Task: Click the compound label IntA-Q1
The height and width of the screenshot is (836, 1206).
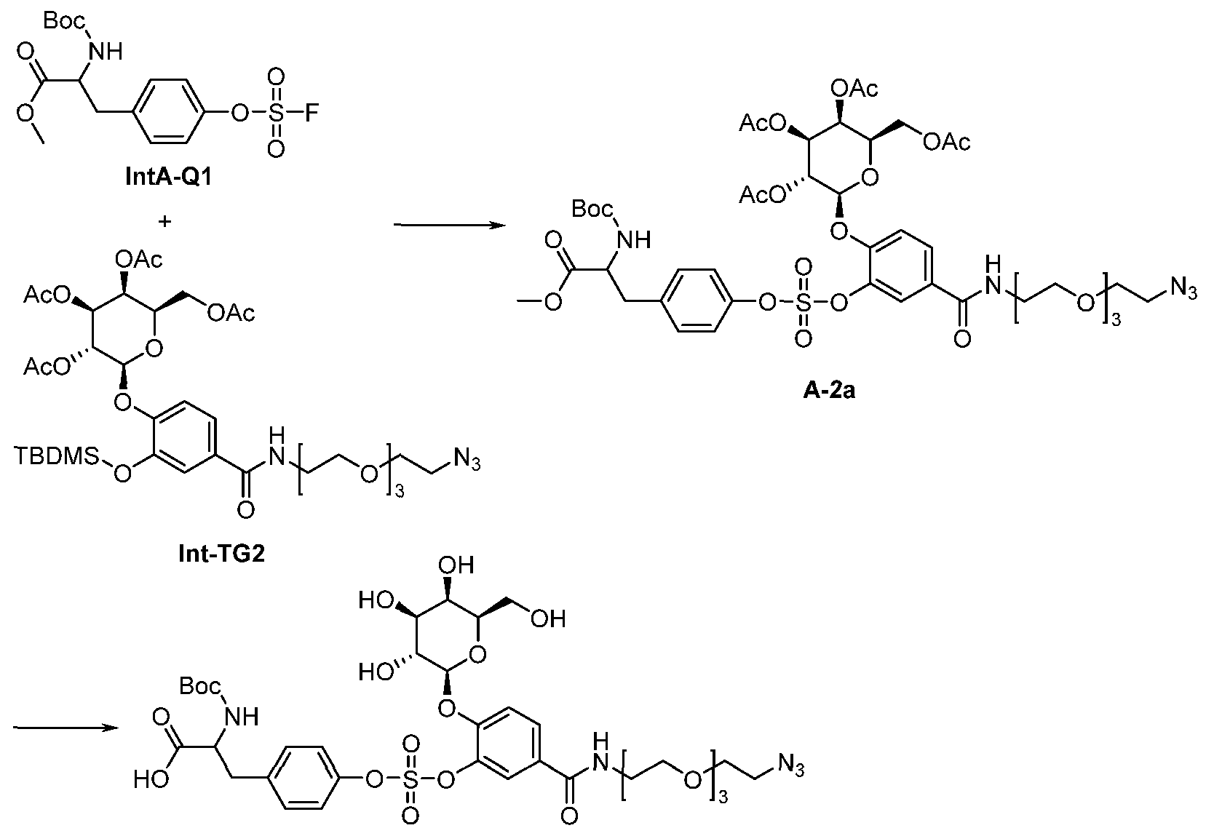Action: (x=169, y=176)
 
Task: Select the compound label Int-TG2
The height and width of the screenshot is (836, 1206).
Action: (x=222, y=554)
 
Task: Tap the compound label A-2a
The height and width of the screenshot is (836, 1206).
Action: (x=829, y=390)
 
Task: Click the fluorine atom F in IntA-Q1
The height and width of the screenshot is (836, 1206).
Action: (x=312, y=114)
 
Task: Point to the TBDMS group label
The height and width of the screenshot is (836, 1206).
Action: (x=56, y=456)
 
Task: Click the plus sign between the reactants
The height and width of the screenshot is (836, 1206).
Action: (x=165, y=221)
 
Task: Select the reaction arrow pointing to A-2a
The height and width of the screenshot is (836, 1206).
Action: (x=450, y=225)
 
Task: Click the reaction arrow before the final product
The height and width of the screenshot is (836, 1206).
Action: (x=66, y=728)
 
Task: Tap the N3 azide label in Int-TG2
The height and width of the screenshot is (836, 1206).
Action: (x=467, y=461)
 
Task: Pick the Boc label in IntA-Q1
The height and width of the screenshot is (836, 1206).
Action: (x=64, y=21)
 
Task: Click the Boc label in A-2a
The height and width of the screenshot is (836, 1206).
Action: (x=592, y=208)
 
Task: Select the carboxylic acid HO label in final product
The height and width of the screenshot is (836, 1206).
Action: (x=151, y=779)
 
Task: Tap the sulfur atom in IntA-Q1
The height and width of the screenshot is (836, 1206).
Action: (x=276, y=114)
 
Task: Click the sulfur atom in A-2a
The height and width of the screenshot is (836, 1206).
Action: (x=804, y=303)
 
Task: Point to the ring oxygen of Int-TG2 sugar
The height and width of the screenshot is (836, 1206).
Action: (x=154, y=349)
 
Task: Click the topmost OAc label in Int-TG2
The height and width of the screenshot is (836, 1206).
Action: (x=139, y=260)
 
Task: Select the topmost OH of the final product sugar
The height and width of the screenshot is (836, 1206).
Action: (x=456, y=565)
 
